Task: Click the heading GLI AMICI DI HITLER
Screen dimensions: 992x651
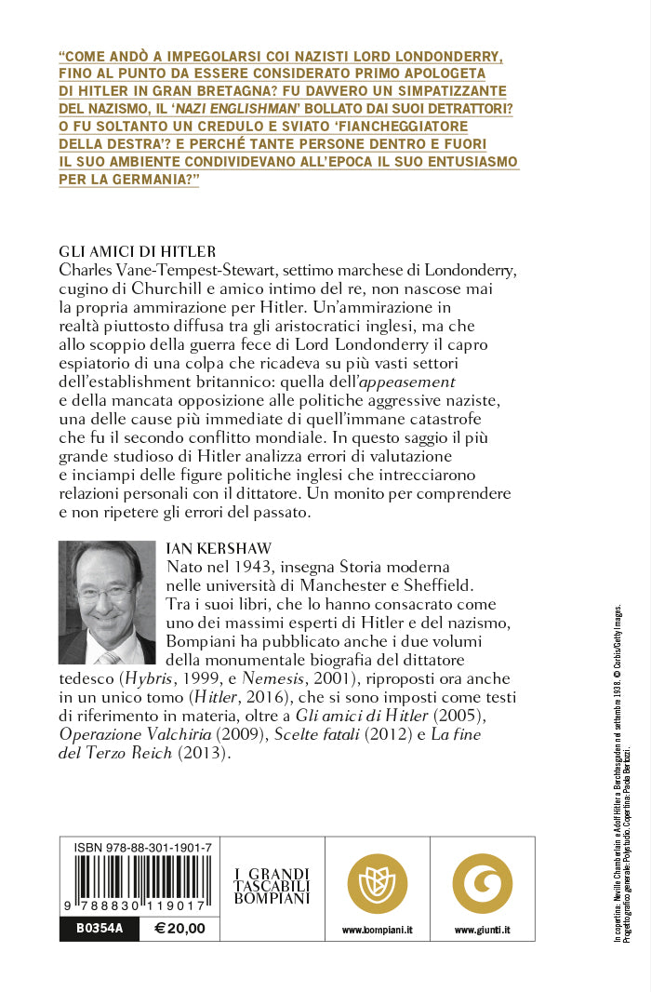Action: point(137,251)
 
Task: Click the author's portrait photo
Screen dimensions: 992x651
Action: point(107,602)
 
